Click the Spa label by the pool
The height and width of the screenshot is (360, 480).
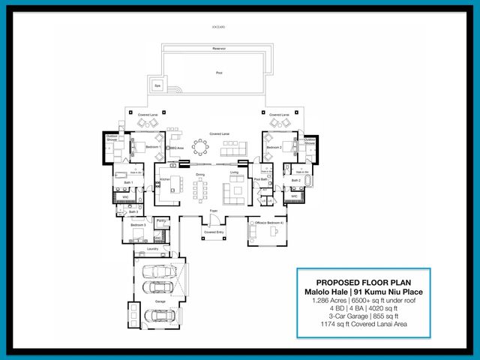(157, 85)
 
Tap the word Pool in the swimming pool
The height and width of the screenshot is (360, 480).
(219, 73)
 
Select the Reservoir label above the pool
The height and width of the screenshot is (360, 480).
(219, 48)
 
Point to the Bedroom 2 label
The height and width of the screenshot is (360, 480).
(274, 148)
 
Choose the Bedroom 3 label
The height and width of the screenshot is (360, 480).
(137, 224)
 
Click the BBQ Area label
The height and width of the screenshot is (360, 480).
(177, 149)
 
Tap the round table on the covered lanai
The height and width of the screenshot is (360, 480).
(201, 147)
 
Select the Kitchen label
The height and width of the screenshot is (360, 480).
(165, 179)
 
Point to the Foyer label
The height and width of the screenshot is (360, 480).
(214, 213)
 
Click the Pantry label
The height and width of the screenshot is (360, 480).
(161, 220)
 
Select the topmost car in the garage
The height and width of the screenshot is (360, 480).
(160, 271)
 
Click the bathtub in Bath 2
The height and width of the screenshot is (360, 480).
(309, 183)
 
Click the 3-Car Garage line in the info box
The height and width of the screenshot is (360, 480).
(363, 316)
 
